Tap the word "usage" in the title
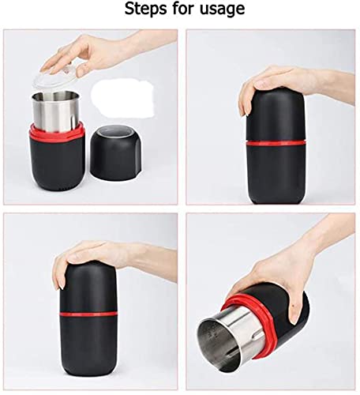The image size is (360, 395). [x=223, y=10]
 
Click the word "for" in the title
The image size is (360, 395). [x=184, y=9]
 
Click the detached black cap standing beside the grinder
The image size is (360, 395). [x=116, y=153]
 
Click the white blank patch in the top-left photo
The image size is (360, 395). [x=122, y=97]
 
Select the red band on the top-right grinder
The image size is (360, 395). [x=276, y=143]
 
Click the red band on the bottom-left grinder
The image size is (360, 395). [x=88, y=314]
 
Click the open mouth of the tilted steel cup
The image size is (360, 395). [x=219, y=345]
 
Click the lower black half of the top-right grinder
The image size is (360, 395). [x=276, y=174]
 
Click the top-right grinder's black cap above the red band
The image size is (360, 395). [x=276, y=116]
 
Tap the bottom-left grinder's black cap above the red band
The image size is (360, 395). [x=88, y=287]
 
